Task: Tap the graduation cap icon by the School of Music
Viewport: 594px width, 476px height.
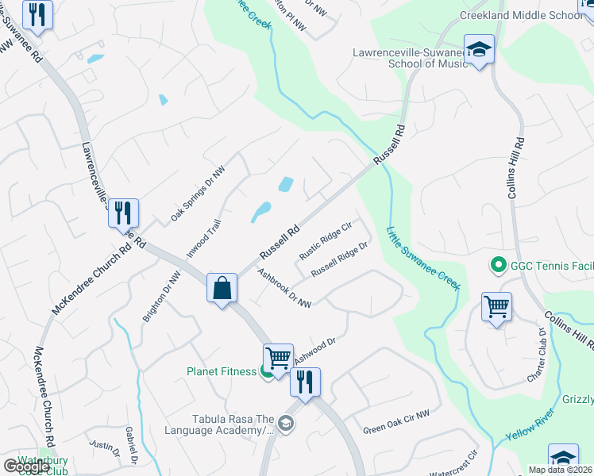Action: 479,51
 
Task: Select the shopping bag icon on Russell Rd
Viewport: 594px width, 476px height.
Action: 222,287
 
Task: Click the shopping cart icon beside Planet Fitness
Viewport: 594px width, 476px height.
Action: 278,358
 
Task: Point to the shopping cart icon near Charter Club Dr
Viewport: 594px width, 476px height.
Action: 496,306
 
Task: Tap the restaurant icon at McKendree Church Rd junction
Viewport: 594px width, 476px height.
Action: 123,213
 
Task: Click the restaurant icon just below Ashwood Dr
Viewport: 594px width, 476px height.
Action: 305,382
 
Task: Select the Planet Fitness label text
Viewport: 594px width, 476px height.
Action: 222,371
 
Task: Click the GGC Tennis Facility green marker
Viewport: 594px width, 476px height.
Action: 498,264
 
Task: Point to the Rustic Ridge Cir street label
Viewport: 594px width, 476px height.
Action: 325,241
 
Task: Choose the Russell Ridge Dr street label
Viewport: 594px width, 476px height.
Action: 340,259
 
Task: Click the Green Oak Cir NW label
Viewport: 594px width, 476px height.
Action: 396,421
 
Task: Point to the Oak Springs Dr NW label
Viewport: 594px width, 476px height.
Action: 199,194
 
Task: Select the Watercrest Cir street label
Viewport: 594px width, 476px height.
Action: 451,463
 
